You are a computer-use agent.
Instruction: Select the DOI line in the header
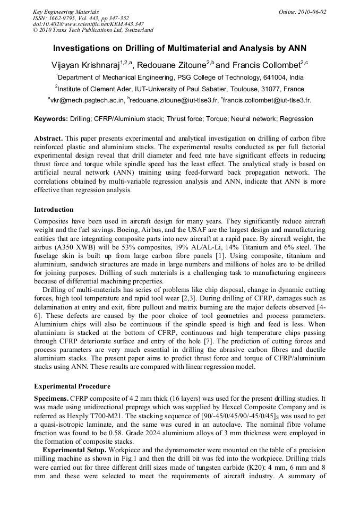(88, 24)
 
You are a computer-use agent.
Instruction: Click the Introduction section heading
(54, 210)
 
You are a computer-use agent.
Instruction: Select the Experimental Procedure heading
(72, 386)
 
